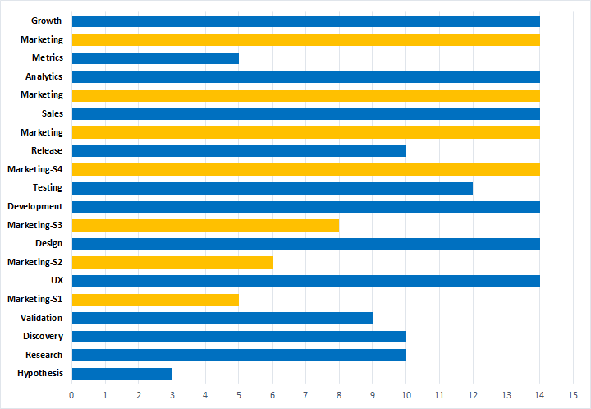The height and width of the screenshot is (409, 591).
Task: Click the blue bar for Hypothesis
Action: click(x=121, y=374)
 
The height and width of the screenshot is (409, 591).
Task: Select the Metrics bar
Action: click(x=155, y=58)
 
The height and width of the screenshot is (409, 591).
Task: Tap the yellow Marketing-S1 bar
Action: click(x=155, y=299)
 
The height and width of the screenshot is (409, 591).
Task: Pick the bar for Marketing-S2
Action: click(x=172, y=262)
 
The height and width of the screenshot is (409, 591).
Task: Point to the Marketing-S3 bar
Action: click(x=205, y=225)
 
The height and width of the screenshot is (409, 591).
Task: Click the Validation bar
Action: click(x=222, y=318)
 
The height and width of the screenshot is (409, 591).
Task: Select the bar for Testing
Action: click(x=272, y=188)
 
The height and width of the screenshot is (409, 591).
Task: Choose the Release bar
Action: click(x=239, y=151)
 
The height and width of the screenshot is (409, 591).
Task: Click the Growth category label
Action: click(x=46, y=21)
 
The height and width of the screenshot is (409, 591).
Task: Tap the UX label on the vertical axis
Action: click(x=57, y=280)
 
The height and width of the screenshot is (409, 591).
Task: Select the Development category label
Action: click(x=35, y=206)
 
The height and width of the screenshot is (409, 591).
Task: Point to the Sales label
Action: click(x=52, y=113)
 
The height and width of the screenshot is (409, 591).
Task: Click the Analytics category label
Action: click(x=44, y=76)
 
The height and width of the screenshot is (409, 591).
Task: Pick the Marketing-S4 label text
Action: click(x=35, y=169)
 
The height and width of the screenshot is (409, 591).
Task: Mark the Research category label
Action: click(x=44, y=355)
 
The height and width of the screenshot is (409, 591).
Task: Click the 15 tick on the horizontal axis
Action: click(x=573, y=395)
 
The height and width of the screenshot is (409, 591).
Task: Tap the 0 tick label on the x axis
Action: click(x=72, y=395)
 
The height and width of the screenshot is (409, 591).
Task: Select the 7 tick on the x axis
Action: click(x=305, y=395)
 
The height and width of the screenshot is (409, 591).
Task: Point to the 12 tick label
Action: click(x=473, y=395)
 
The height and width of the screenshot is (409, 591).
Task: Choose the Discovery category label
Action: click(x=43, y=336)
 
